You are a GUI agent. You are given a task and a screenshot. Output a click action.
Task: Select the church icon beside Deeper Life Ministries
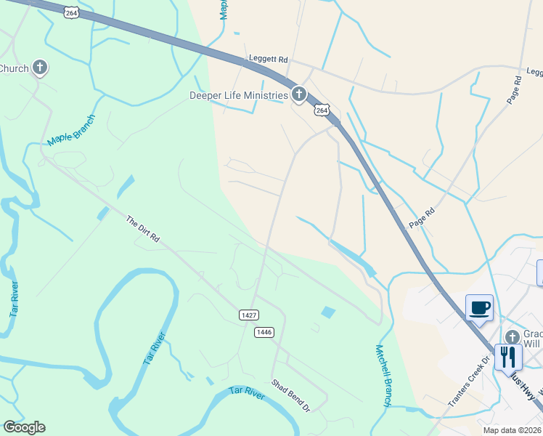pyautogui.click(x=298, y=94)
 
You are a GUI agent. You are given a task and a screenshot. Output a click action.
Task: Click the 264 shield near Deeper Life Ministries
pyautogui.click(x=322, y=110)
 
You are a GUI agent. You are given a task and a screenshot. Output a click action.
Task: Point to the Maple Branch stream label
pyautogui.click(x=70, y=130)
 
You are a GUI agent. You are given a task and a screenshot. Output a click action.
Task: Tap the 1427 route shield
pyautogui.click(x=248, y=314)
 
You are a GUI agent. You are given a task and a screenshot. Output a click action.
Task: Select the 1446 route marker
pyautogui.click(x=264, y=331)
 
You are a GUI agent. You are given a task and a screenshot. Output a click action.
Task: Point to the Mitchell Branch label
pyautogui.click(x=384, y=376)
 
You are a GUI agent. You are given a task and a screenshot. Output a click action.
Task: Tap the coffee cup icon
pyautogui.click(x=479, y=307)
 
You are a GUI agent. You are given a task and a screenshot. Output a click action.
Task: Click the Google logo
pyautogui.click(x=24, y=427)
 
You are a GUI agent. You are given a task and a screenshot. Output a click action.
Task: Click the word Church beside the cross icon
pyautogui.click(x=14, y=68)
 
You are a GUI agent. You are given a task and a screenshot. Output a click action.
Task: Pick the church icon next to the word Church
pyautogui.click(x=40, y=68)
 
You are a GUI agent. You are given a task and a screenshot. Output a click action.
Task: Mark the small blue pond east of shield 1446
pyautogui.click(x=328, y=312)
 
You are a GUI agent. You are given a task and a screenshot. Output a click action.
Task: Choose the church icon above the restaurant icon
pyautogui.click(x=512, y=337)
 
